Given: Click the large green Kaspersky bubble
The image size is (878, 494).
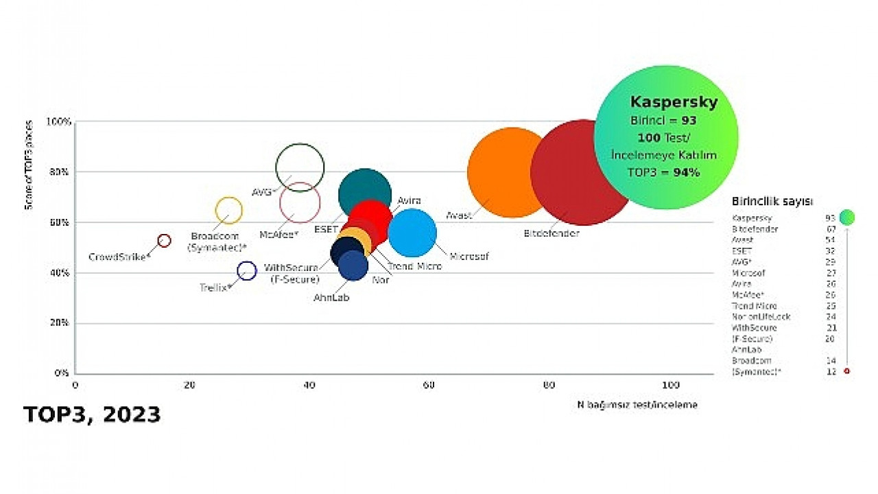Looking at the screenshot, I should pyautogui.click(x=665, y=137).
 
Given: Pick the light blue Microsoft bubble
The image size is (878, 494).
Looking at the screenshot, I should pyautogui.click(x=412, y=233).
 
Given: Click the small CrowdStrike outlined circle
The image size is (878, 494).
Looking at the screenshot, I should pyautogui.click(x=164, y=241).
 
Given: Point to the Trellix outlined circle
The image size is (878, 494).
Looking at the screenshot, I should pyautogui.click(x=246, y=271).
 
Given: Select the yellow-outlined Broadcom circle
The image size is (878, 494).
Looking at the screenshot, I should pyautogui.click(x=229, y=211).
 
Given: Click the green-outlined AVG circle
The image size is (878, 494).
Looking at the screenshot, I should pyautogui.click(x=300, y=167).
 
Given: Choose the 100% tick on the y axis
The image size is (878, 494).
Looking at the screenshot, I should pyautogui.click(x=58, y=122).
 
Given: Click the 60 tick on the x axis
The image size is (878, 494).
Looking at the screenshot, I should pyautogui.click(x=429, y=386).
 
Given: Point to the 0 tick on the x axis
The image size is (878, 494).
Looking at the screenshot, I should pyautogui.click(x=75, y=386).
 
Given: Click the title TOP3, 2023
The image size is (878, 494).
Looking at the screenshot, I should pyautogui.click(x=92, y=414).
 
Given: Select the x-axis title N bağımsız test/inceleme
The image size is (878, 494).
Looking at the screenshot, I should pyautogui.click(x=637, y=405).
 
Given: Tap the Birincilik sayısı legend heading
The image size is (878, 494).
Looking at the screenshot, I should pyautogui.click(x=772, y=202).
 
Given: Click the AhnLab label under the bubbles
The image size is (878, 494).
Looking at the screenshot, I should pyautogui.click(x=331, y=298).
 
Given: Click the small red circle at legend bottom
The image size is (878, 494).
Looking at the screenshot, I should pyautogui.click(x=846, y=371).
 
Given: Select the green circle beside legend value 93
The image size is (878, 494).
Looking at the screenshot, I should pyautogui.click(x=846, y=217).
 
